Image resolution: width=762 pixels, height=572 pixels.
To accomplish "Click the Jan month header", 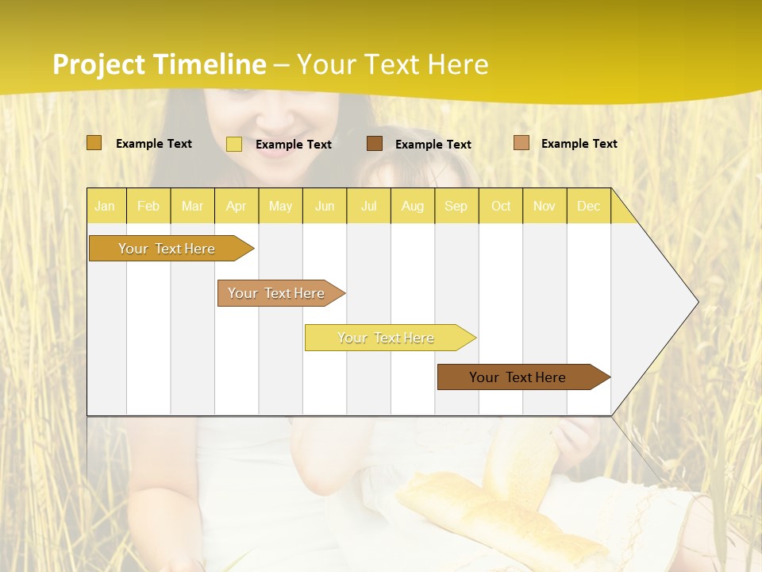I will (105, 206).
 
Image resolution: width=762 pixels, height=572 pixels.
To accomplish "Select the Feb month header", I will (148, 206).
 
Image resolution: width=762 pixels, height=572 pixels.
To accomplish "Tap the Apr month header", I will (236, 206).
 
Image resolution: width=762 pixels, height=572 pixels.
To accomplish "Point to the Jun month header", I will (325, 206).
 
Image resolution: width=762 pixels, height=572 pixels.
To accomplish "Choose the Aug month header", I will (412, 206).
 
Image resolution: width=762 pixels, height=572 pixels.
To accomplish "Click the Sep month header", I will (456, 206).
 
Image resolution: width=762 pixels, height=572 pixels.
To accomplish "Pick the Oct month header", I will (501, 206).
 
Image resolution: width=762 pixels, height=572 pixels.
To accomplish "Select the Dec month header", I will (588, 206).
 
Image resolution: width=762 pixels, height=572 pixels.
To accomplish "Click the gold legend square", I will (94, 143).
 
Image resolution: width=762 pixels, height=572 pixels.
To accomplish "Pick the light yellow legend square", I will (234, 144).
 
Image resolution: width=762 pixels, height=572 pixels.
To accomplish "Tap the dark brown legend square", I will (375, 143).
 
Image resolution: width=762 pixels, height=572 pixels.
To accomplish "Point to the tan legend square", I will (521, 143).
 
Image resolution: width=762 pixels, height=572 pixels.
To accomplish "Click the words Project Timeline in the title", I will (159, 64).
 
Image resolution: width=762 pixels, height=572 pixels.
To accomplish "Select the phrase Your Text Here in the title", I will (392, 64).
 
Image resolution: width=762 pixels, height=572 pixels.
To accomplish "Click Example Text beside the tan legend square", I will (579, 143).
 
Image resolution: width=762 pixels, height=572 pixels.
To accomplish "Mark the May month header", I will (280, 206).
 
